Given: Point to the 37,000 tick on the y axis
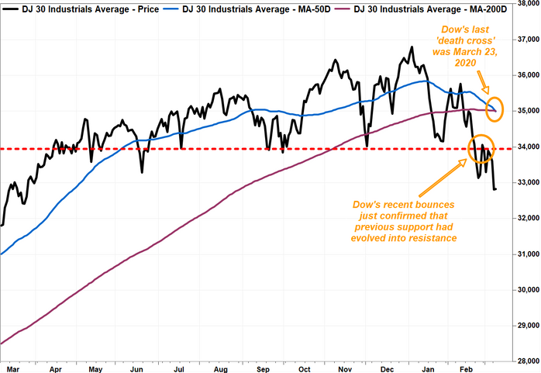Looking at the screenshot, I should pos(526,39).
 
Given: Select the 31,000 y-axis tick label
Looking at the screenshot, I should pos(526,254).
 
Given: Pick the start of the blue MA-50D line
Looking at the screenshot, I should pos(2,254).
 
